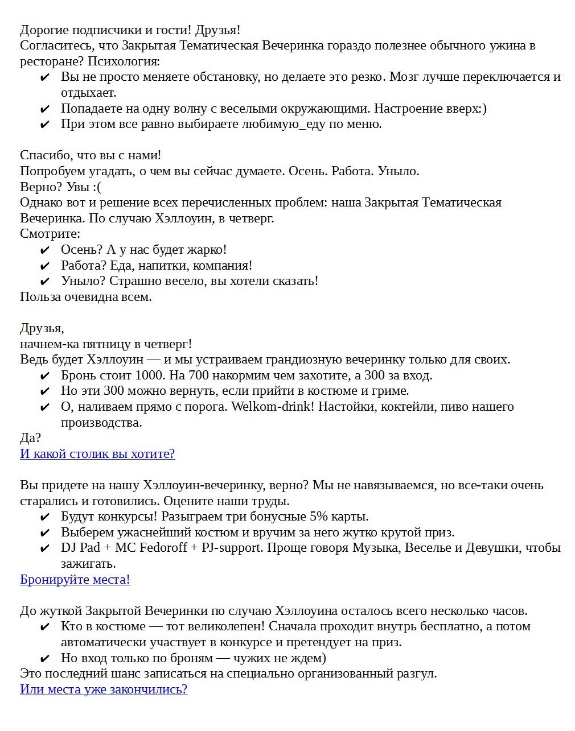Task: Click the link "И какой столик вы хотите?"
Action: (97, 453)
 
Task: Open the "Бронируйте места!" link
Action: (75, 579)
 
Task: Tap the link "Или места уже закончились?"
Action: (104, 689)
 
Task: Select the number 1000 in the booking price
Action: (150, 375)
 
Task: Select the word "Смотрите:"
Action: (50, 233)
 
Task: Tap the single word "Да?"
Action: (30, 437)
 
